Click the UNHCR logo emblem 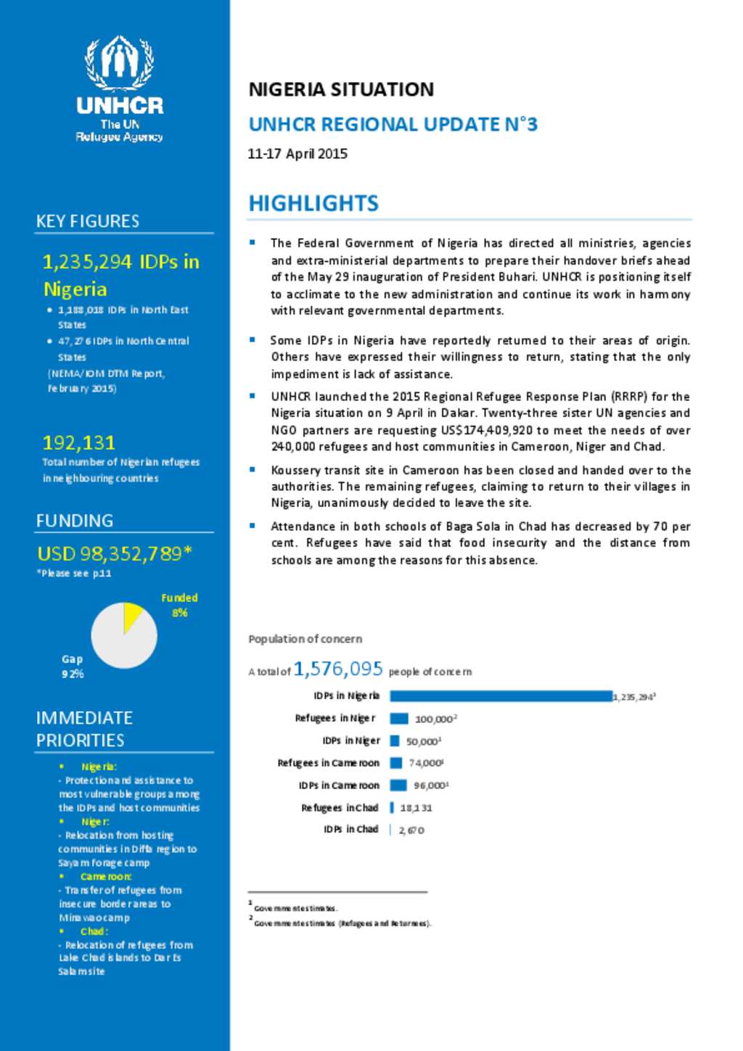click(120, 62)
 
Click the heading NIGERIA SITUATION click(341, 89)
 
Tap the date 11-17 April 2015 click(297, 154)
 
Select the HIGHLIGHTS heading click(313, 203)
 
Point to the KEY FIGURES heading click(88, 221)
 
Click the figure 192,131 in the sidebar click(79, 442)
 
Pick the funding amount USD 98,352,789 click(115, 553)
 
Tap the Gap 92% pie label click(73, 666)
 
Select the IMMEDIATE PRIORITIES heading click(84, 728)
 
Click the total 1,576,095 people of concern click(338, 669)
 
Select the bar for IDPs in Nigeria click(501, 696)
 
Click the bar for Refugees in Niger click(399, 719)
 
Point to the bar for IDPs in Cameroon click(398, 785)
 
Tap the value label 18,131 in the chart click(416, 807)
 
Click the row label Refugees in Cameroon click(329, 763)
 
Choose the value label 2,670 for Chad click(411, 830)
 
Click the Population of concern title click(305, 639)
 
